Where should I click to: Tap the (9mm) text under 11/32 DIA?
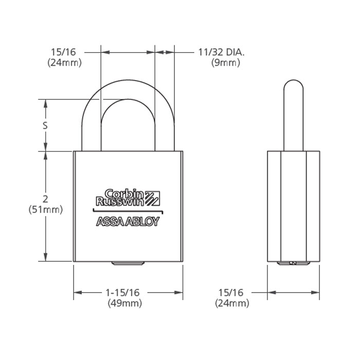[226, 63]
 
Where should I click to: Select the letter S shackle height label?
[45, 125]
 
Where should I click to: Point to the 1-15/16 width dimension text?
[122, 293]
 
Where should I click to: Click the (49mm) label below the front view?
[124, 303]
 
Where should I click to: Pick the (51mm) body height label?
[46, 210]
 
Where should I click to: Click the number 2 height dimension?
[46, 199]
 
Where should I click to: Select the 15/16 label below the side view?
[231, 293]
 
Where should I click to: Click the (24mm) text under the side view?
[232, 303]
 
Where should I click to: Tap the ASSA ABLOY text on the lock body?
[128, 222]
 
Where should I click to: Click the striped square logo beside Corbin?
[153, 197]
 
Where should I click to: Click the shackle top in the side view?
[293, 85]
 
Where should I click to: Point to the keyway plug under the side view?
[293, 264]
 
